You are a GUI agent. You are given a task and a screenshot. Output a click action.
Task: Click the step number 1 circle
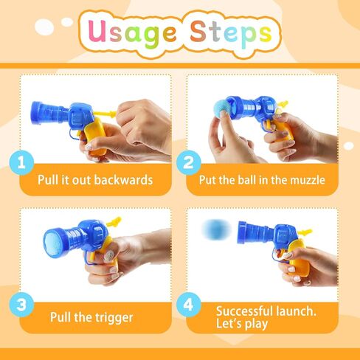click(21, 163)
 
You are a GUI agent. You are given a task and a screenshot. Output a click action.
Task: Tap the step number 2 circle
click(189, 163)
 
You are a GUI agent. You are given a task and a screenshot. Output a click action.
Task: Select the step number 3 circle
click(21, 305)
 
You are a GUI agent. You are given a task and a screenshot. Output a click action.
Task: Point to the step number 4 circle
click(189, 305)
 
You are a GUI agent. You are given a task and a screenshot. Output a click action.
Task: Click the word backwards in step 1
click(123, 180)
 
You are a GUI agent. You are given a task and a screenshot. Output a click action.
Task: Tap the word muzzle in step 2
click(308, 180)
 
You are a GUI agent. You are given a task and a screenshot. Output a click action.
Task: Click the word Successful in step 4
click(244, 311)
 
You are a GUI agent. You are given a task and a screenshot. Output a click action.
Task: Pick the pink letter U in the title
click(97, 31)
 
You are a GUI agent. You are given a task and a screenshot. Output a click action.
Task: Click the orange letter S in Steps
click(198, 31)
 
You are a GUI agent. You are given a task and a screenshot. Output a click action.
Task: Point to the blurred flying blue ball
click(216, 230)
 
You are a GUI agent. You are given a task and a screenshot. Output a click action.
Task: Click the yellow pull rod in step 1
click(105, 114)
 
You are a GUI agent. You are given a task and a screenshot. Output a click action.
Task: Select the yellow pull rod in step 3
click(115, 221)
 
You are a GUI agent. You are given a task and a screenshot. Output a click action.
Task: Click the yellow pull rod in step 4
click(305, 232)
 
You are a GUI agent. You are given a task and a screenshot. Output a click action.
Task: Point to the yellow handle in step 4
click(297, 257)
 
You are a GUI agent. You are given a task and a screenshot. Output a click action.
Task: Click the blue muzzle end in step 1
click(36, 113)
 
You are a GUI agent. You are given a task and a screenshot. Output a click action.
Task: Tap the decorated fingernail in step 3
click(109, 256)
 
